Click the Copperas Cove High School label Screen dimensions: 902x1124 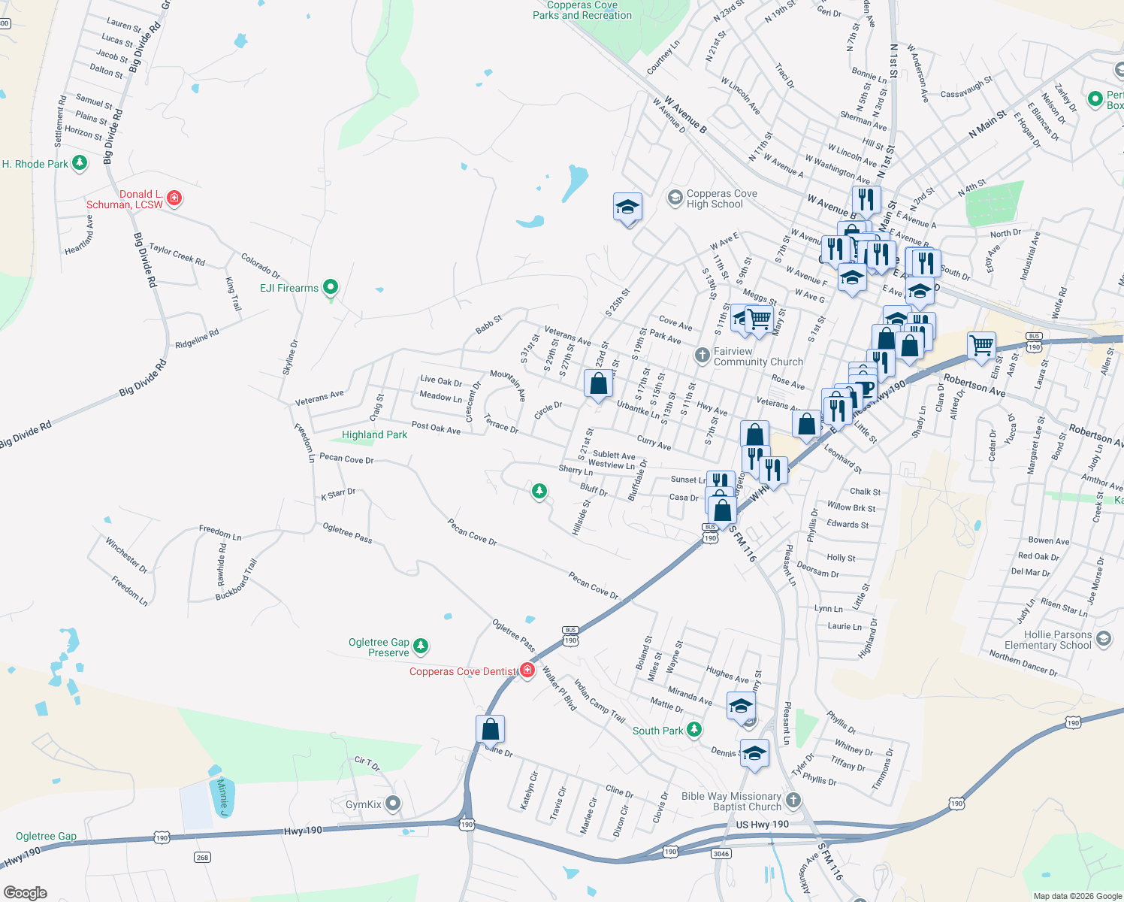721,199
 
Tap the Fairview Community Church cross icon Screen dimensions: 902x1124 702,356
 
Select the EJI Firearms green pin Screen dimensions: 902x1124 330,287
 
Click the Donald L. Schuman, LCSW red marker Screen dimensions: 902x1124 174,198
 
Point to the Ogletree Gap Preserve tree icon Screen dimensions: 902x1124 421,646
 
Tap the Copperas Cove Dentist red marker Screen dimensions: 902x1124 527,670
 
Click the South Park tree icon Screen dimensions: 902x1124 695,729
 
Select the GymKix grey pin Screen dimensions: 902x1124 392,804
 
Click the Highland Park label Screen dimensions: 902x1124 374,434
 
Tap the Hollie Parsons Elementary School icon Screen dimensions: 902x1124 1104,639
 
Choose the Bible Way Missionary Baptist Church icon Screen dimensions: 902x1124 793,800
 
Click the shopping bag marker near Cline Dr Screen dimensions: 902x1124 490,729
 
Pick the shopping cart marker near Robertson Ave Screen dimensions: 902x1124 981,346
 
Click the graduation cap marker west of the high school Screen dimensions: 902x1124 627,207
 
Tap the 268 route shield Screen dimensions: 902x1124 202,857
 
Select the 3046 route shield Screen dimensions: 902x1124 721,853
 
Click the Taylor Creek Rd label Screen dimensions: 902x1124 177,254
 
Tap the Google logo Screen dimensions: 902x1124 25,892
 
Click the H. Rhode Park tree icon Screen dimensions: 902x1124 79,163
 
